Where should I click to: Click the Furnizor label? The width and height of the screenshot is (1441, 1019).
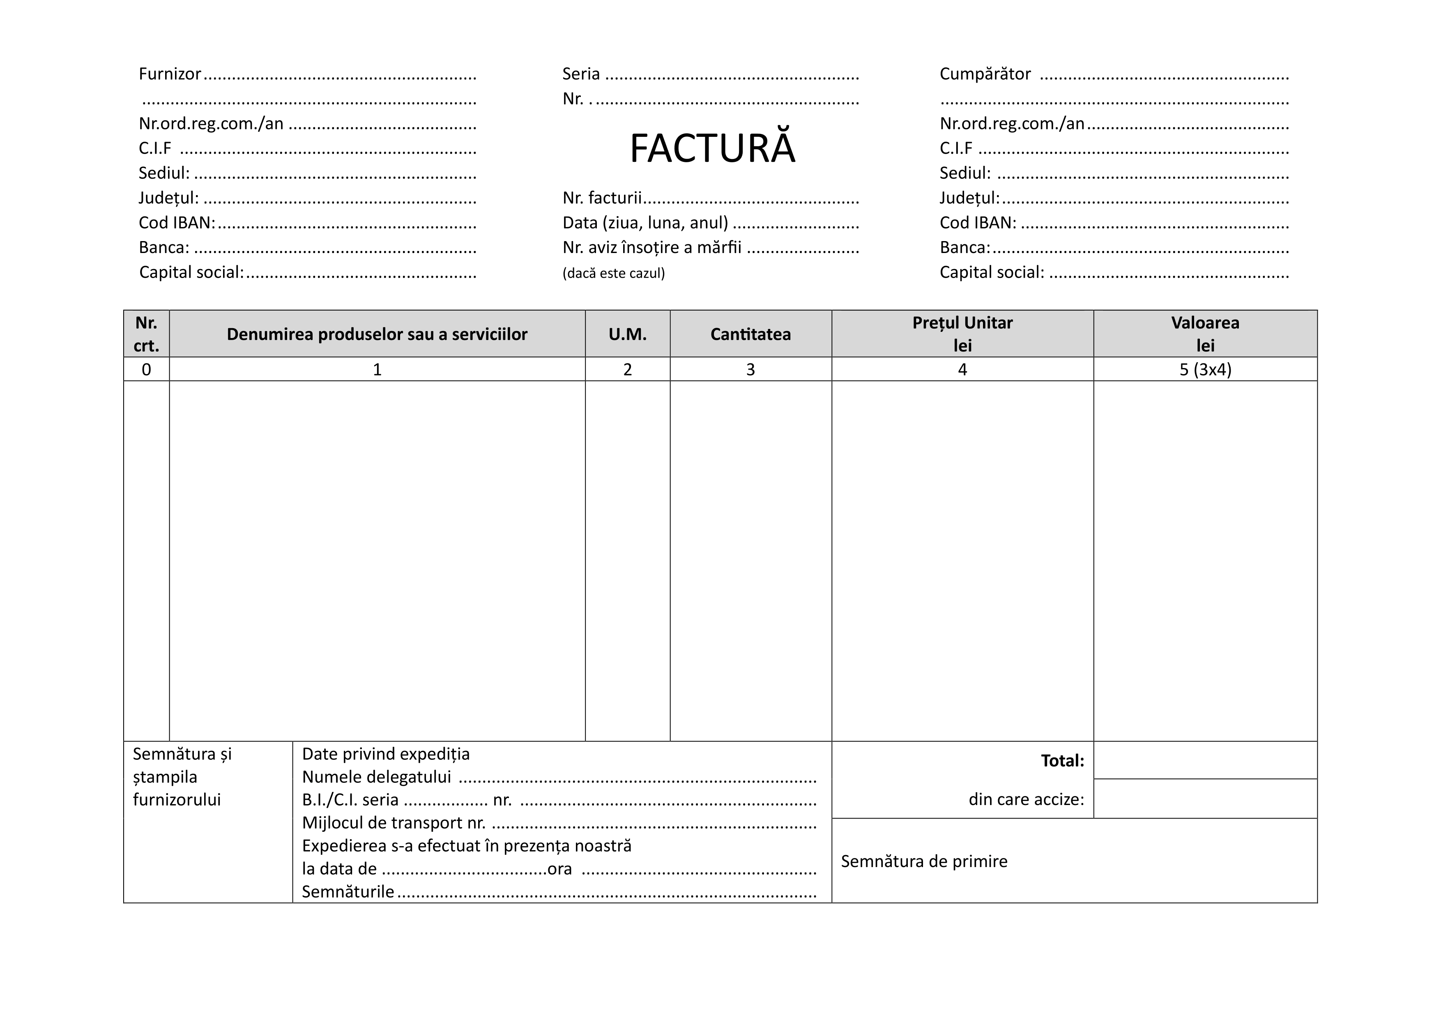[170, 74]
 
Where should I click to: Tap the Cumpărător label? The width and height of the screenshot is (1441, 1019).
[985, 74]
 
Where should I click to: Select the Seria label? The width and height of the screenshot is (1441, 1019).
[580, 74]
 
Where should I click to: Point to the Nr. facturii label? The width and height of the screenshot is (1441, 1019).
[602, 198]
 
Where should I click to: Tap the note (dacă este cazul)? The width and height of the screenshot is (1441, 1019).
[613, 273]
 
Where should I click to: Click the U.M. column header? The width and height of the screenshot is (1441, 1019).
[627, 334]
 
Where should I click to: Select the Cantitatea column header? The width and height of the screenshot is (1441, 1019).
[750, 334]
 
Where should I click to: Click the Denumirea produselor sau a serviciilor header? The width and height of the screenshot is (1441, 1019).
[377, 334]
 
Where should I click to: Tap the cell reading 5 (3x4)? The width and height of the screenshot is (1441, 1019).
[1205, 370]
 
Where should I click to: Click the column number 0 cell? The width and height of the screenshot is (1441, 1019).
[146, 370]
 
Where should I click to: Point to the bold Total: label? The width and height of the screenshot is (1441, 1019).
[1062, 761]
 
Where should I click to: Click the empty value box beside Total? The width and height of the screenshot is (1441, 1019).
[1205, 761]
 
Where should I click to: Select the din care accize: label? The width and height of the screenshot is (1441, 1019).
[1026, 799]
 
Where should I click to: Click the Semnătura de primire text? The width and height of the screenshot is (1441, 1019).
[924, 862]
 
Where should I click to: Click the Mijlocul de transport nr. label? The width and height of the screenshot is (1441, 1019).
[394, 823]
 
